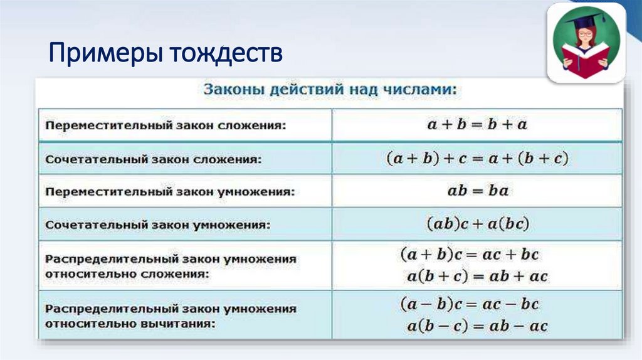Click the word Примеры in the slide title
(103, 54)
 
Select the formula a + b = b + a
(477, 124)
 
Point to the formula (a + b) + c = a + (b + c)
(476, 159)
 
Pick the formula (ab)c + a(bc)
(477, 223)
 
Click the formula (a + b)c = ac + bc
(469, 255)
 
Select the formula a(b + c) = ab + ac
(477, 276)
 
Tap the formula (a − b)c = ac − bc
(469, 305)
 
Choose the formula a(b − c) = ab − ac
(477, 326)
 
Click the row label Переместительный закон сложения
(165, 125)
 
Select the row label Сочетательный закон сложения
(154, 159)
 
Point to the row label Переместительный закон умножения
(169, 191)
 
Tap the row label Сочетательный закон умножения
(157, 224)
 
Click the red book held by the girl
(586, 61)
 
